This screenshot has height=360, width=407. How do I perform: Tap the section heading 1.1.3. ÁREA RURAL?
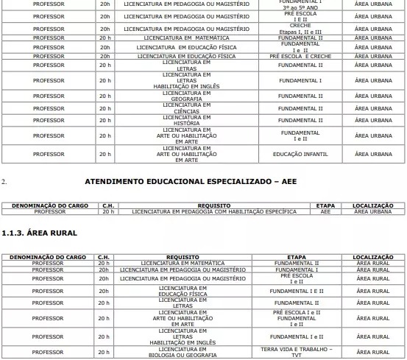click(x=40, y=233)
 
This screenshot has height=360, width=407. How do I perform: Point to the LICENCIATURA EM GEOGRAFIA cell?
click(x=186, y=96)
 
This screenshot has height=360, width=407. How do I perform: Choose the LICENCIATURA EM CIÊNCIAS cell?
click(x=186, y=108)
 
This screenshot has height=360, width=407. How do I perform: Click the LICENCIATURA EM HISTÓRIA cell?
click(x=186, y=120)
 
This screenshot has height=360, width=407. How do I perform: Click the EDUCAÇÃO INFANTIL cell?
click(x=300, y=154)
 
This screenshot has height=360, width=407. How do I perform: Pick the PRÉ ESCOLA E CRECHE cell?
click(x=300, y=56)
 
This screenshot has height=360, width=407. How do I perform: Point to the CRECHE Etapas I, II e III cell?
click(x=300, y=29)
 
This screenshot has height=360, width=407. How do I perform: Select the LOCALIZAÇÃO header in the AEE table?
click(x=372, y=205)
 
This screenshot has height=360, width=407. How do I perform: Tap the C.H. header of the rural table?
click(x=105, y=257)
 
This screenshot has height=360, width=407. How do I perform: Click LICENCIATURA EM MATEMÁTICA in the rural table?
click(x=183, y=263)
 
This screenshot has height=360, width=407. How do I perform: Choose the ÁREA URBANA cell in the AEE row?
click(x=372, y=211)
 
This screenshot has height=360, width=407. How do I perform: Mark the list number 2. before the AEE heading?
click(x=4, y=181)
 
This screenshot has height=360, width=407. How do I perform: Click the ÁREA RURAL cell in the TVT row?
click(x=372, y=353)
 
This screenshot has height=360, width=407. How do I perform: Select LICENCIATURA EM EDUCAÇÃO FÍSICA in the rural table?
click(x=183, y=291)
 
